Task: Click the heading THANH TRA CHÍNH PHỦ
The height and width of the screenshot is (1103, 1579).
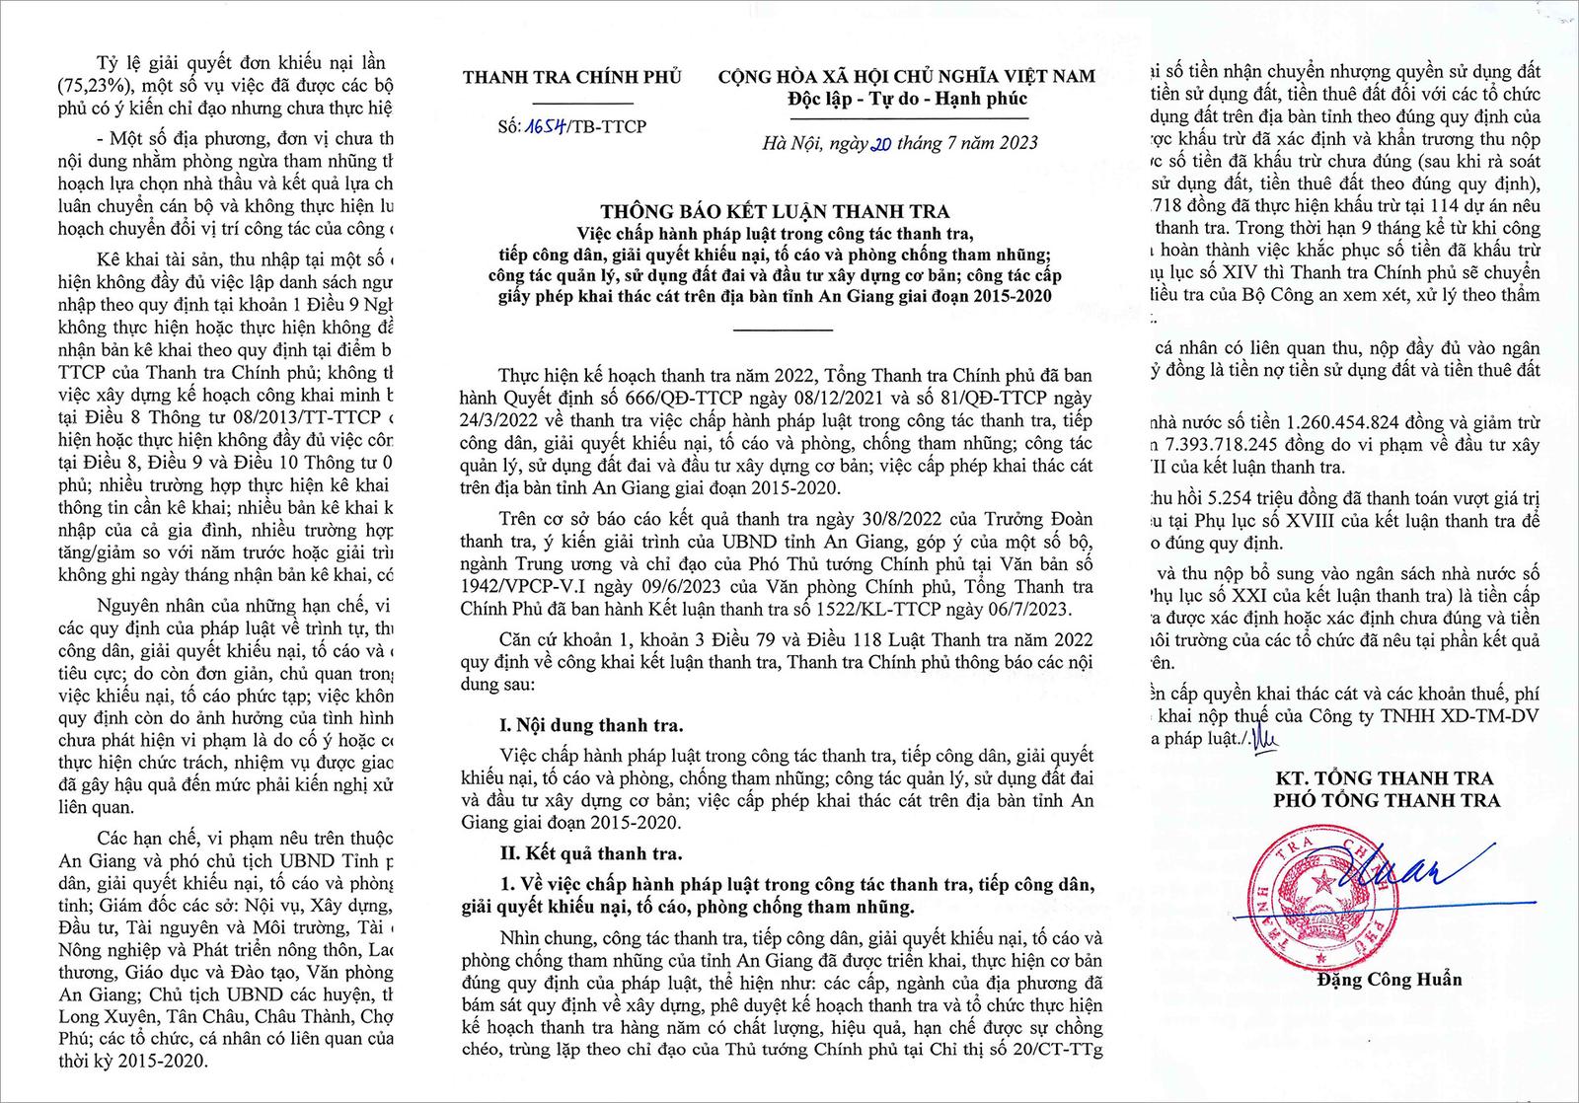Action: pos(571,77)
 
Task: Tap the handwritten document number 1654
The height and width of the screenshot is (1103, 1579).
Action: pos(544,126)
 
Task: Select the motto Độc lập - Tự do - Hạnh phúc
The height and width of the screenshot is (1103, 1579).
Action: pos(907,99)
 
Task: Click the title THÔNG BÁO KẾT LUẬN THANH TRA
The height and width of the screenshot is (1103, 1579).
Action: pos(775,211)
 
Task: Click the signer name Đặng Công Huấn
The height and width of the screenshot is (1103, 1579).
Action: pos(1389,980)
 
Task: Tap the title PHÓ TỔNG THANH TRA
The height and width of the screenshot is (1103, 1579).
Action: pos(1386,800)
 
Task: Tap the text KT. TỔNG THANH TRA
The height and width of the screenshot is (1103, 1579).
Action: pos(1387,778)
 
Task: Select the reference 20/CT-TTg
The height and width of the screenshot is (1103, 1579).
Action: pos(1050,1049)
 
